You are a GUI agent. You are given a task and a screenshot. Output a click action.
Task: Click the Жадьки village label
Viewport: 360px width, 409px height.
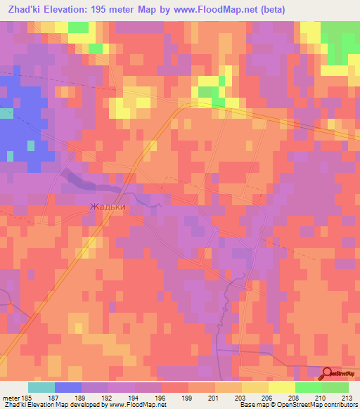click(x=107, y=207)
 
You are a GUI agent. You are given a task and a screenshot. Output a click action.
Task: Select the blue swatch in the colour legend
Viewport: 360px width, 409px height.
click(x=68, y=387)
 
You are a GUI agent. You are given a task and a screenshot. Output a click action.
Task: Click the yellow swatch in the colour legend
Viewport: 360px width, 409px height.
click(x=282, y=387)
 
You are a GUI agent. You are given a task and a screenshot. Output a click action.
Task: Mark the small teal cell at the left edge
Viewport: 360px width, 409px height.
click(x=6, y=114)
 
